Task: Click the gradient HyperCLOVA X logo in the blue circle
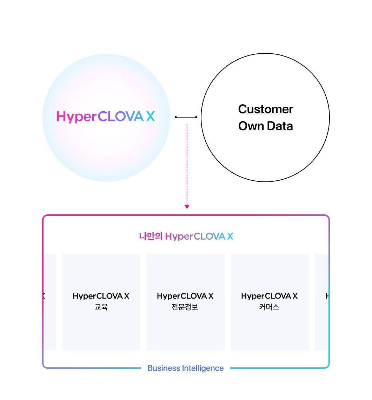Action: coord(105,116)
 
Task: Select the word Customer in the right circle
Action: coord(265,109)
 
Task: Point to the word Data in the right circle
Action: coord(279,126)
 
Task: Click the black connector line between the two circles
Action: coord(186,117)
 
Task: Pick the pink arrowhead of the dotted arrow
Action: coord(187,207)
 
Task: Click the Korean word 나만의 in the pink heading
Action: coord(151,236)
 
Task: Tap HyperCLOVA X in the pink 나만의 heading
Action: coord(199,236)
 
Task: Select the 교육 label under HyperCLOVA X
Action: coord(101,307)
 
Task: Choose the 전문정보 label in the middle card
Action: coord(185,307)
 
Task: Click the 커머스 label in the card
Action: coord(270,307)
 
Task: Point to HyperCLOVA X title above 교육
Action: coord(101,296)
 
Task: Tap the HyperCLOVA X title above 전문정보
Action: coord(185,296)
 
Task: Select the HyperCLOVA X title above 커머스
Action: coord(270,296)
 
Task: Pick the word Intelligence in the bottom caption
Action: coord(203,368)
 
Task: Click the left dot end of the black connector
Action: coord(176,117)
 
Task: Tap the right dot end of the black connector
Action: coord(196,117)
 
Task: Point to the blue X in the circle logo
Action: coord(150,116)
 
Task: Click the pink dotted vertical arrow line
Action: coord(187,161)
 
